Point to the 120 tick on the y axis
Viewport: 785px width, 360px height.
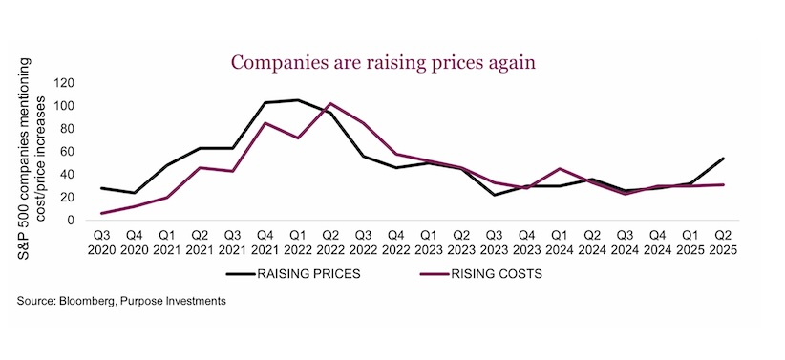(65, 83)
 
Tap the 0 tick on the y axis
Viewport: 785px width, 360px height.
(71, 221)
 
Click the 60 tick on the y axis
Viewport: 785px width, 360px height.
(68, 152)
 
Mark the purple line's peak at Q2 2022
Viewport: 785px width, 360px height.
(329, 103)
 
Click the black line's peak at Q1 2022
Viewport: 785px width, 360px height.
(299, 100)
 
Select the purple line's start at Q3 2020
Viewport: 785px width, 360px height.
(100, 213)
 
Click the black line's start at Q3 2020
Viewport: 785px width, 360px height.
(100, 188)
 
